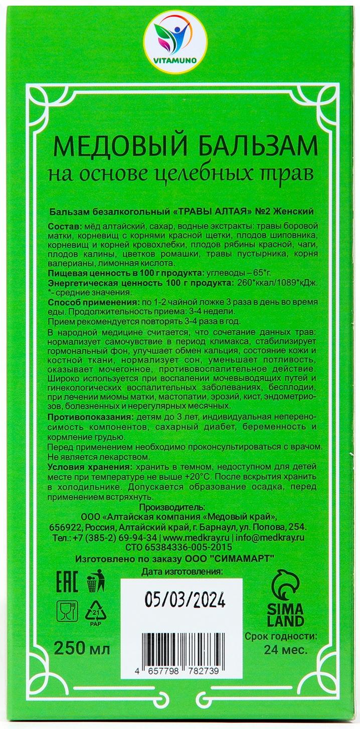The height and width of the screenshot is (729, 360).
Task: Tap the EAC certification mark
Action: point(66,585)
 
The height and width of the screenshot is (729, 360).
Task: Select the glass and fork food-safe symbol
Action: point(66,611)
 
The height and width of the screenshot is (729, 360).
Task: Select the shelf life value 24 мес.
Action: point(285,650)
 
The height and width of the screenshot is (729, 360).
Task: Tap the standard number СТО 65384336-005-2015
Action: point(184,547)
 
